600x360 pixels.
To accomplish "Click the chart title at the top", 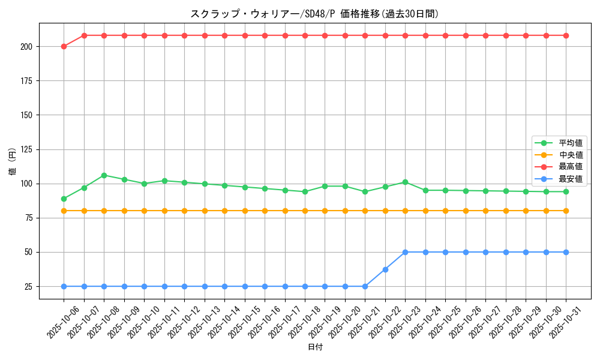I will click(x=319, y=14).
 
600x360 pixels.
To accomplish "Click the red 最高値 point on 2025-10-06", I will click(x=64, y=46).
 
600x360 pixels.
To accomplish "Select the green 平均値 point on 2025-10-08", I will click(x=104, y=175).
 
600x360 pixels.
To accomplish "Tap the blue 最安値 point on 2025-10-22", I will click(x=385, y=269).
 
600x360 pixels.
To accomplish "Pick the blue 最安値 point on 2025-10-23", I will click(x=405, y=252).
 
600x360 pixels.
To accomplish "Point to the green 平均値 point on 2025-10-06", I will click(x=64, y=199).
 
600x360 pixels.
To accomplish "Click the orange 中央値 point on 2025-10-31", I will click(x=566, y=211).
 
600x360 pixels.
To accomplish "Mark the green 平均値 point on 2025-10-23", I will click(x=405, y=182).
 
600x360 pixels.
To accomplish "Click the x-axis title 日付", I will click(x=315, y=347).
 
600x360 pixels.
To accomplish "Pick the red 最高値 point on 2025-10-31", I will click(x=566, y=35).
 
